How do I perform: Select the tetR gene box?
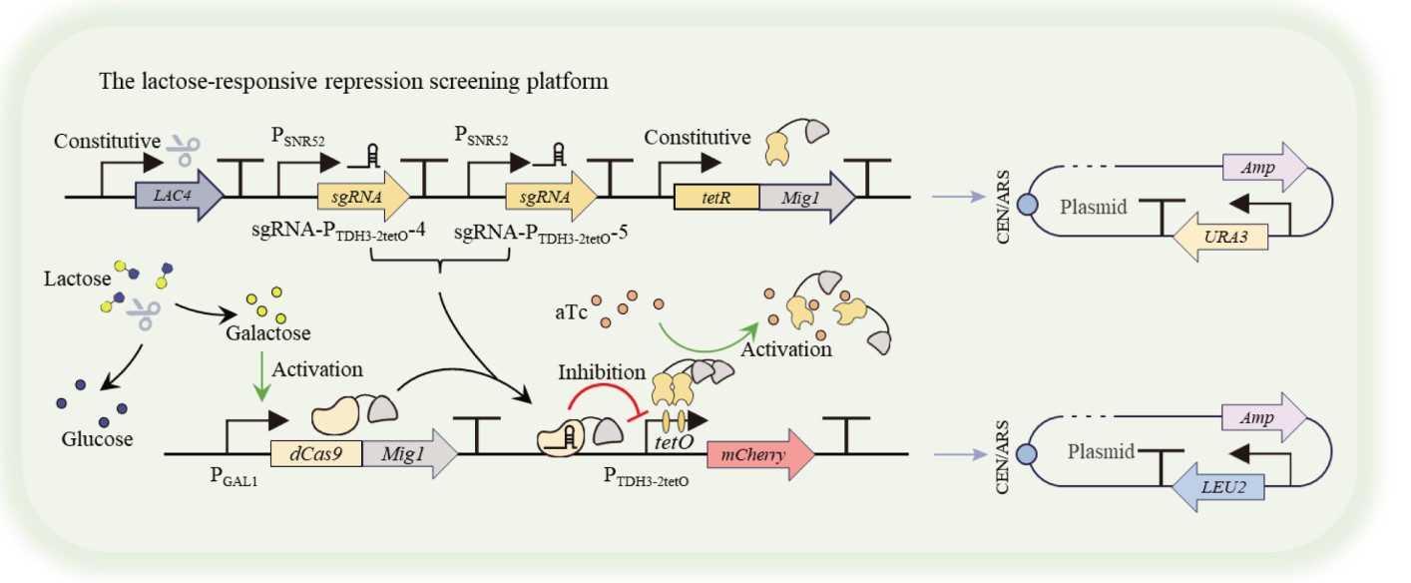pos(715,195)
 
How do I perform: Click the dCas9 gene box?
pos(315,455)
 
